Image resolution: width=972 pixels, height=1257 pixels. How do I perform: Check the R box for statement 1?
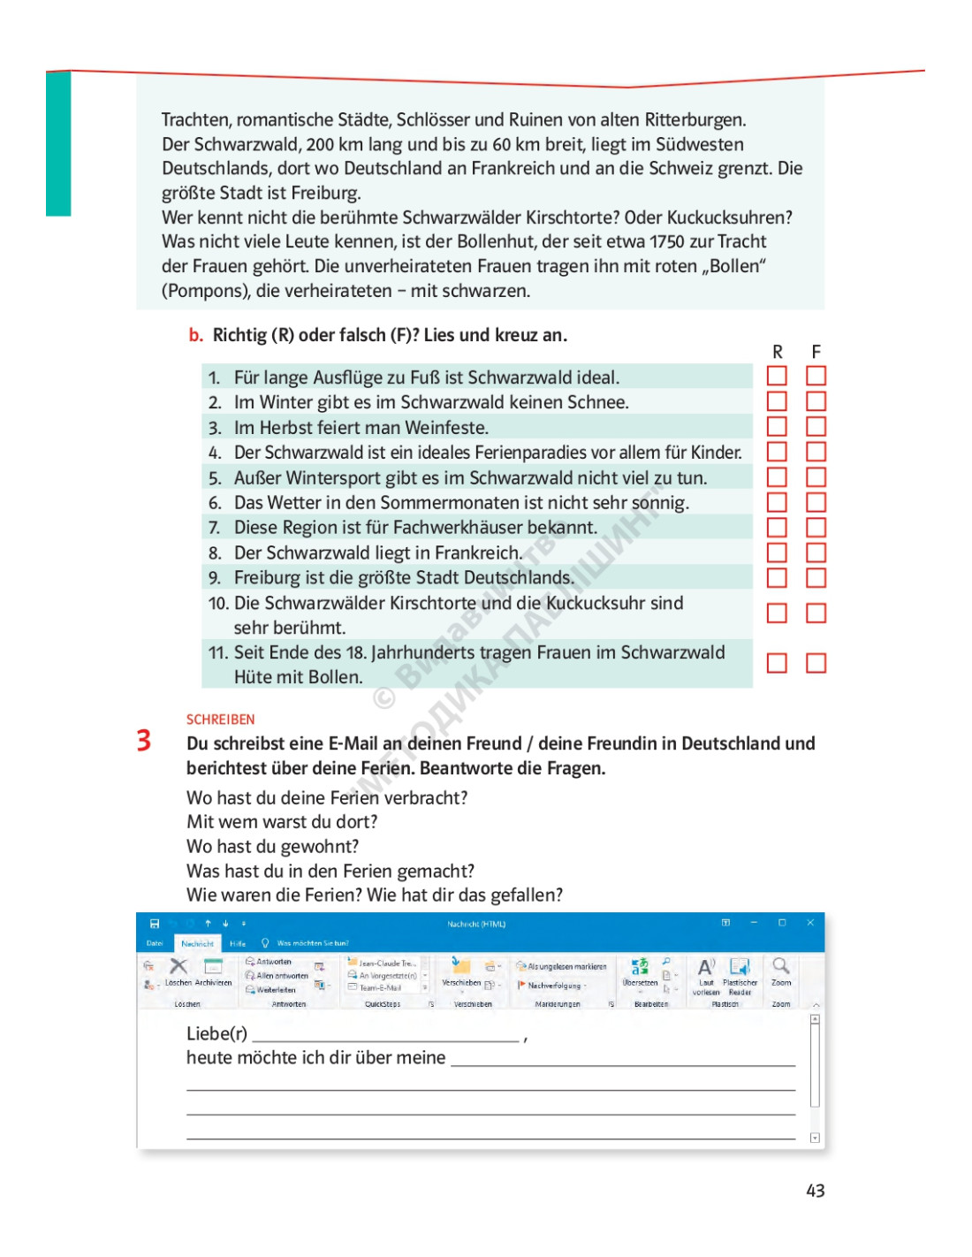tap(777, 376)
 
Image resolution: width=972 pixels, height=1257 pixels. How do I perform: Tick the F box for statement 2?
tap(816, 401)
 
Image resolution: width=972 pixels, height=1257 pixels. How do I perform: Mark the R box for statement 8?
tap(777, 552)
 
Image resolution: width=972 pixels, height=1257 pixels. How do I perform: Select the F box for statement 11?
tap(816, 663)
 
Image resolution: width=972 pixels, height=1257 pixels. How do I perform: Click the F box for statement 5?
tap(816, 477)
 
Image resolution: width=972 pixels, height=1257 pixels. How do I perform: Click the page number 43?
tap(815, 1191)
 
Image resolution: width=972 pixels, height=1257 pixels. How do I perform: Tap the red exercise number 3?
tap(144, 740)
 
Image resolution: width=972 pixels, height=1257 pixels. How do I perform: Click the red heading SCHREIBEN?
tap(220, 720)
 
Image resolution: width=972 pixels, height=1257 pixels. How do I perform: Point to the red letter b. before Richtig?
tap(195, 335)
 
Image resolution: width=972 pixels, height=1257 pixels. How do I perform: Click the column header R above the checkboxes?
tap(778, 352)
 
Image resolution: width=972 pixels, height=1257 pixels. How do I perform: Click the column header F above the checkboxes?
tap(816, 352)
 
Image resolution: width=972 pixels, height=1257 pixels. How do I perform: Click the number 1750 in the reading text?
tap(667, 242)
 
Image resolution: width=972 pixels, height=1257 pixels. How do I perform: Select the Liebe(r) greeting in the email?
tap(216, 1033)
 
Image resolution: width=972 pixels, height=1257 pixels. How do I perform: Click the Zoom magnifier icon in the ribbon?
tap(780, 966)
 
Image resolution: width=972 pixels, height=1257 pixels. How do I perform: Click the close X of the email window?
tap(810, 923)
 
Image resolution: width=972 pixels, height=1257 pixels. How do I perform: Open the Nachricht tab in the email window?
tap(197, 943)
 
